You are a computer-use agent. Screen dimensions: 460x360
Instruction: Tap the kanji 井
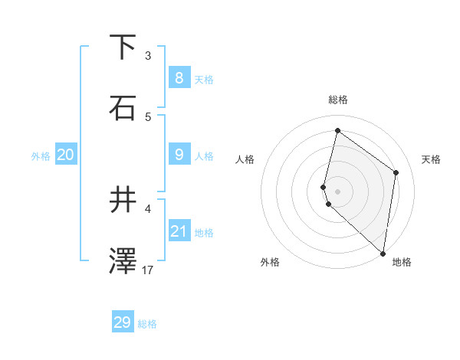coord(124,201)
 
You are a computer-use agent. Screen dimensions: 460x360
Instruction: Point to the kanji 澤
coord(124,261)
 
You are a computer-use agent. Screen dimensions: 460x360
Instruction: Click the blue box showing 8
coord(179,77)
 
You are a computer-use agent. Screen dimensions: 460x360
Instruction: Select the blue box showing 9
coord(179,155)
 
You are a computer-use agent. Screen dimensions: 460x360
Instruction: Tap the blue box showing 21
coord(179,231)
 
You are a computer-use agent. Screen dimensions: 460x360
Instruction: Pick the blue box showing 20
coord(65,155)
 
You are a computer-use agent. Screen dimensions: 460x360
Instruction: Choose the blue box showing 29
coord(123,322)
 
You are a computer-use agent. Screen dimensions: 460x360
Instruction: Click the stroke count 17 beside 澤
coord(148,270)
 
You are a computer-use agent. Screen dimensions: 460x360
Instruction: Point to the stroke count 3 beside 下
coord(148,55)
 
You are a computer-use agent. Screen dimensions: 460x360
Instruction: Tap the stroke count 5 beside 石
coord(148,116)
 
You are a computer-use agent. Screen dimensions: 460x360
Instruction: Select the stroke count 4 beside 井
coord(148,208)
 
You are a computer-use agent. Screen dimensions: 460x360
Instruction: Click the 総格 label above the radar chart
coord(338,100)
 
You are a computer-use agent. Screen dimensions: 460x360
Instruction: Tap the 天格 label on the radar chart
coord(431,159)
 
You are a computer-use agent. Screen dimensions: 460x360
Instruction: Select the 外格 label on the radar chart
coord(270,262)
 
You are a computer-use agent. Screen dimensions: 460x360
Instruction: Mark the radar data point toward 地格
coord(383,253)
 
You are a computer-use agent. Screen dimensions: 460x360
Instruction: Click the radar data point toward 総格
coord(337,131)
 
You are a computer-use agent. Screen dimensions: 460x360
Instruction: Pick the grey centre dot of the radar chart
coord(337,191)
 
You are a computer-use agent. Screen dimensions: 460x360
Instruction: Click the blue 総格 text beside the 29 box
coord(148,324)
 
